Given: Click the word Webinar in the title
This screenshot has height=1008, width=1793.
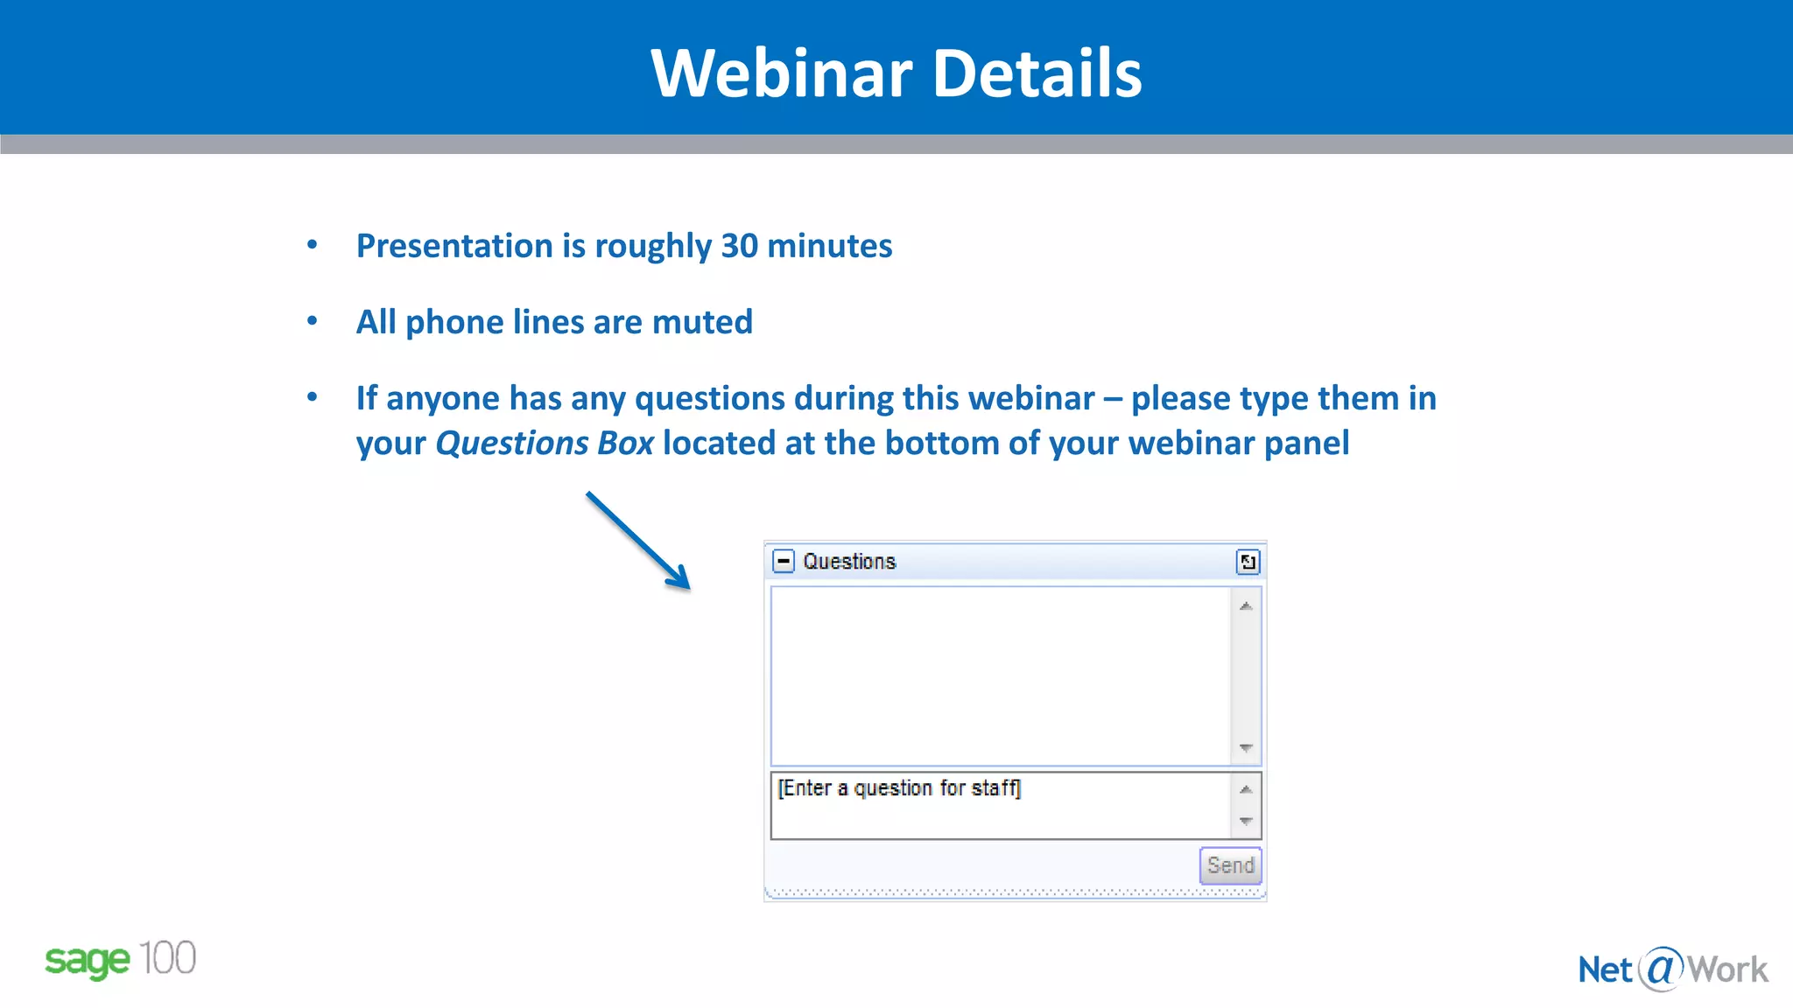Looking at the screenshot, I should click(782, 73).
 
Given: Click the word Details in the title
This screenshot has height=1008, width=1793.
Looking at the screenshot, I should click(1037, 73).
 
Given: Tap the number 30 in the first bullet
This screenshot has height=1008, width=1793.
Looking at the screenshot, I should click(739, 247).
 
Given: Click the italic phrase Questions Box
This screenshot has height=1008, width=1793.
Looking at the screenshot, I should click(545, 444).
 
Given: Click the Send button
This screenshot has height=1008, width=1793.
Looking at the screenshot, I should click(1230, 865).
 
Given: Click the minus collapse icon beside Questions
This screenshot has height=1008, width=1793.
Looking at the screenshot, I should click(784, 561).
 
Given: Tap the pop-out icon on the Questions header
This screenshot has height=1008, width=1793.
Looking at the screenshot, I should click(1248, 562).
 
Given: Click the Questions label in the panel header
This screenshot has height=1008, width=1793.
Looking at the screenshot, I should click(849, 562).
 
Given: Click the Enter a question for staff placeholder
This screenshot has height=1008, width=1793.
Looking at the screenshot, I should click(899, 788).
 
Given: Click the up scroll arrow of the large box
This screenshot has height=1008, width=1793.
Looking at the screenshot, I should click(1246, 605).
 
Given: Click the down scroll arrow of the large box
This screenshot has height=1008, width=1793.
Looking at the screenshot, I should click(1246, 748).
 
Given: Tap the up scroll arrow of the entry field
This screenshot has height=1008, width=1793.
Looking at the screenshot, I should click(1246, 789).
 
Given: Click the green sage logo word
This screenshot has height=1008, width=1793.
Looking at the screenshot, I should click(87, 962).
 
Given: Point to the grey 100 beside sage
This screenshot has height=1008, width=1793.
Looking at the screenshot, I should click(167, 958).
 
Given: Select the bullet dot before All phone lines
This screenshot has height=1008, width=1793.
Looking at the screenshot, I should click(313, 321).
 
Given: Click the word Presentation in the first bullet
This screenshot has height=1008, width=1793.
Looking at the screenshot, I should click(454, 247).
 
